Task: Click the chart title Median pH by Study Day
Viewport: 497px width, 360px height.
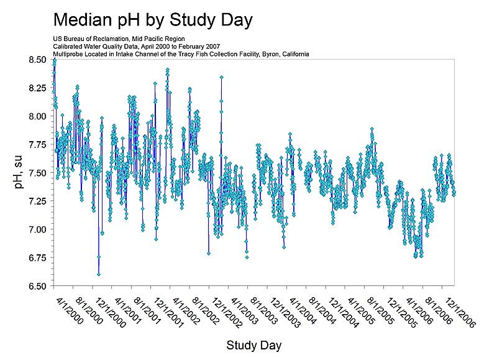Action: [x=153, y=20]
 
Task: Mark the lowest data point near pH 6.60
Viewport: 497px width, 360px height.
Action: [x=99, y=274]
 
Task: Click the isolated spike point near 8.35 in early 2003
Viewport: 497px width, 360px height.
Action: [x=221, y=78]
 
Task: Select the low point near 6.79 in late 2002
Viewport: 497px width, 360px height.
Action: [x=209, y=253]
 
